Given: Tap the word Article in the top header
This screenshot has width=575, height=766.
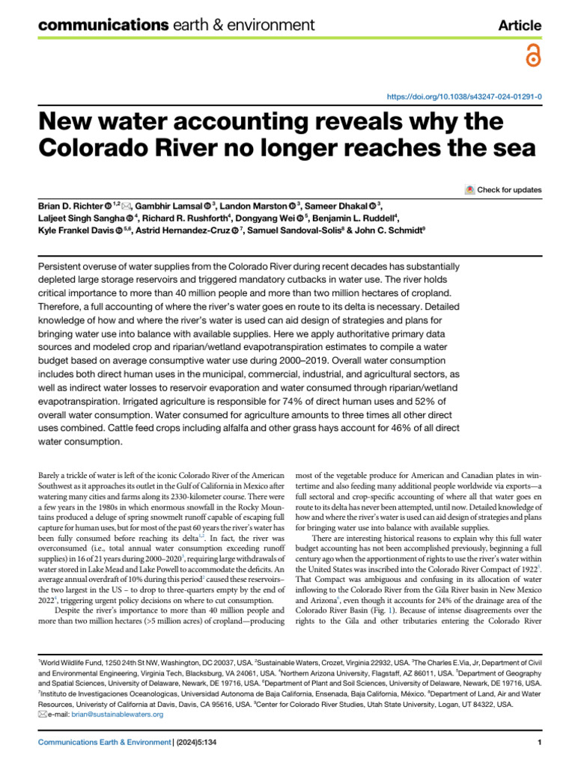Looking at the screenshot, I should click(520, 25).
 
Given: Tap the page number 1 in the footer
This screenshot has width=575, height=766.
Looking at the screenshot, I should click(539, 742).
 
